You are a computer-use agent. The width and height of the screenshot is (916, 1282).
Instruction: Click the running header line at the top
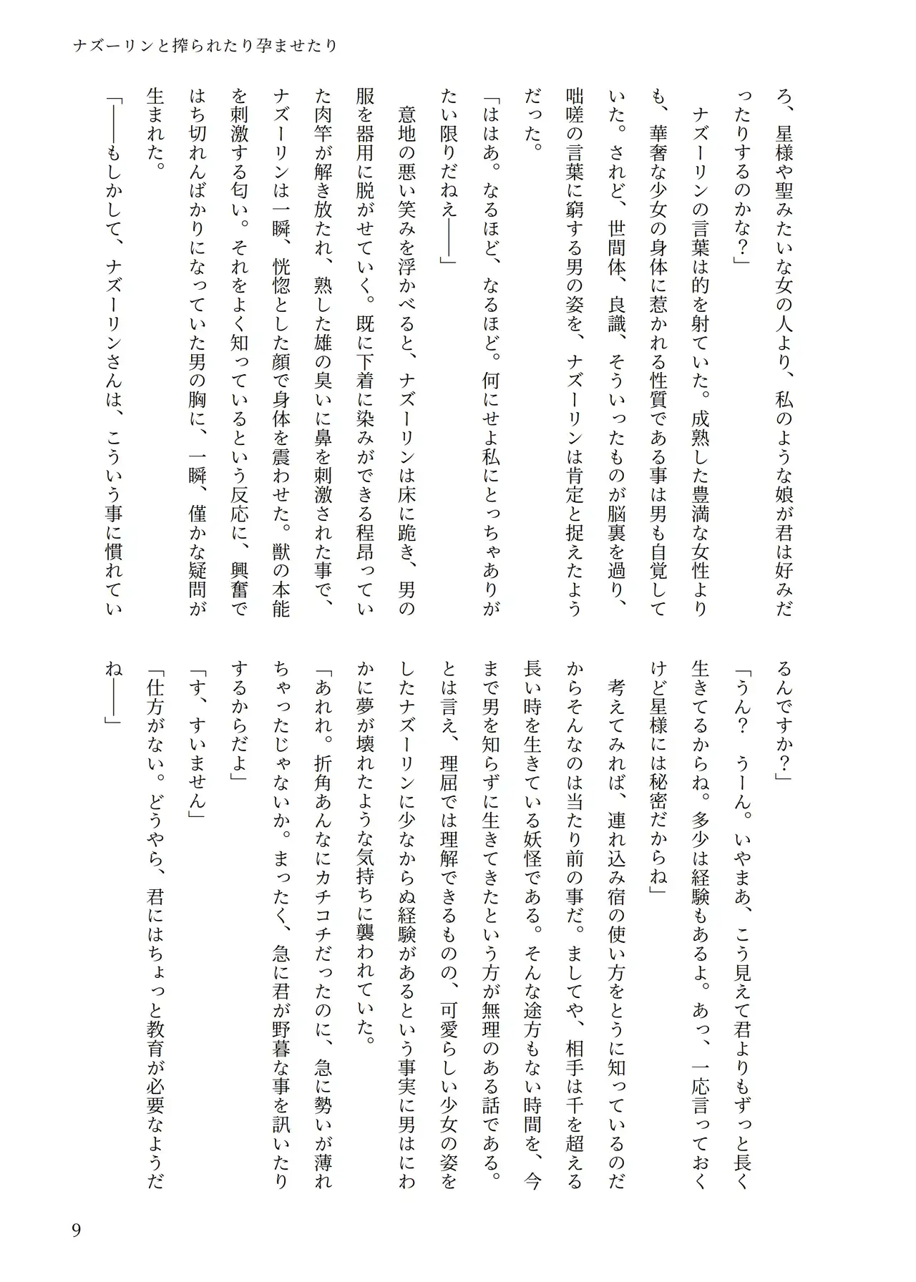pos(205,47)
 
